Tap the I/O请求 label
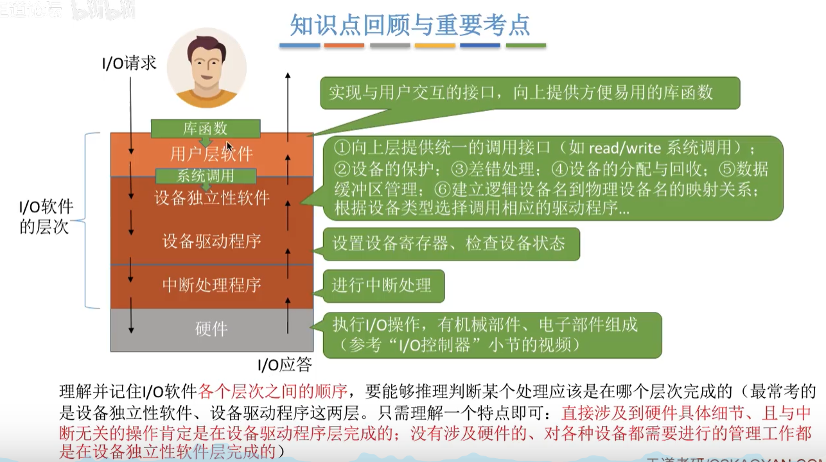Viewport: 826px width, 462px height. click(129, 63)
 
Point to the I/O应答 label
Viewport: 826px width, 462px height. click(285, 365)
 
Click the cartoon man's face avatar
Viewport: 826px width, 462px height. click(206, 67)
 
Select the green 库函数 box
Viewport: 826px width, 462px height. click(206, 128)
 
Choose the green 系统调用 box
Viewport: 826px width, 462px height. click(206, 175)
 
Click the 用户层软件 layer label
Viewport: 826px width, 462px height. click(211, 154)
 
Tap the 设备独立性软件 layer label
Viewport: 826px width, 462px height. click(211, 198)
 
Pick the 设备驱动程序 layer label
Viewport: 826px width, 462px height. click(211, 241)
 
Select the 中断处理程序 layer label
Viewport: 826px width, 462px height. click(211, 285)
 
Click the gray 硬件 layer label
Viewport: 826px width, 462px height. click(211, 329)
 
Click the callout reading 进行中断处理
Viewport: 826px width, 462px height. click(382, 286)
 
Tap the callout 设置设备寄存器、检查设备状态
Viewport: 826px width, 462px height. click(449, 243)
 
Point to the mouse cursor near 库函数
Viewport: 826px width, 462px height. click(229, 146)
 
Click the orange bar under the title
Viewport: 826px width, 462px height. click(344, 46)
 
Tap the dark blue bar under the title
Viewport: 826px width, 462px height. click(480, 46)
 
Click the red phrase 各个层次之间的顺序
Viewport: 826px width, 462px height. click(274, 391)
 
